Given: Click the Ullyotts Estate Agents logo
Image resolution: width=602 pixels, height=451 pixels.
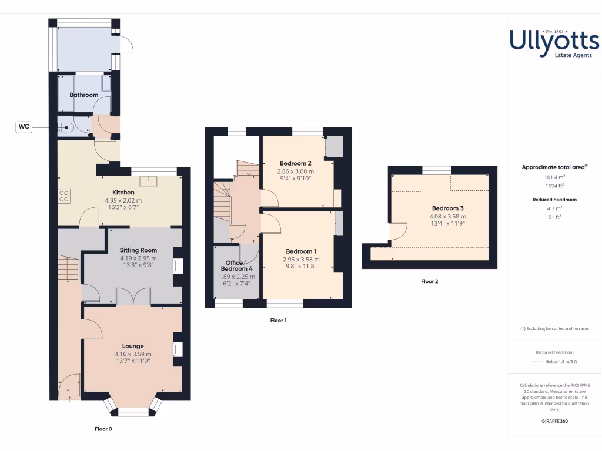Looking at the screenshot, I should pyautogui.click(x=554, y=44).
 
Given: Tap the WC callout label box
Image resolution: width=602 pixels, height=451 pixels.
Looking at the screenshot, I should pyautogui.click(x=24, y=126).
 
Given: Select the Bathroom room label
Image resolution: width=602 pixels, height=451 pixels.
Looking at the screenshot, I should pyautogui.click(x=83, y=95).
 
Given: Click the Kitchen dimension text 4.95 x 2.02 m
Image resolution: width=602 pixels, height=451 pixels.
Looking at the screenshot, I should pyautogui.click(x=123, y=200).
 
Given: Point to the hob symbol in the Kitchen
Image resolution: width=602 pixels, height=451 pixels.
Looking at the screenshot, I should pyautogui.click(x=64, y=196).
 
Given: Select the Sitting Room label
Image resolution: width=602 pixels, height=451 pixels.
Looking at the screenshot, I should pyautogui.click(x=138, y=250).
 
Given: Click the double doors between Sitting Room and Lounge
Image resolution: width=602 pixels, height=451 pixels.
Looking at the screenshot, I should pyautogui.click(x=133, y=297).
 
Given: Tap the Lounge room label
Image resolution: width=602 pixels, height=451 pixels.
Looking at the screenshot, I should pyautogui.click(x=133, y=346).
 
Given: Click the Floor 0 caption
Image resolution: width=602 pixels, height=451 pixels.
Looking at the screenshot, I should pyautogui.click(x=103, y=429).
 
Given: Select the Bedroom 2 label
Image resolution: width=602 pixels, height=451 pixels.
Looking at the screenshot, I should pyautogui.click(x=295, y=163).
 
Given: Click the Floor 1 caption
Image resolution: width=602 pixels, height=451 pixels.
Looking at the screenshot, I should pyautogui.click(x=278, y=321).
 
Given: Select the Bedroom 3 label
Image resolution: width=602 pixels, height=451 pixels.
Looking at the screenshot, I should pyautogui.click(x=448, y=208).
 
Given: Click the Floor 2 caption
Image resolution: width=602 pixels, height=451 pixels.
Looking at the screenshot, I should pyautogui.click(x=429, y=281).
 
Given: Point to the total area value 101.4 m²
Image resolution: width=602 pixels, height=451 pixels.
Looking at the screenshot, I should pyautogui.click(x=553, y=177).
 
